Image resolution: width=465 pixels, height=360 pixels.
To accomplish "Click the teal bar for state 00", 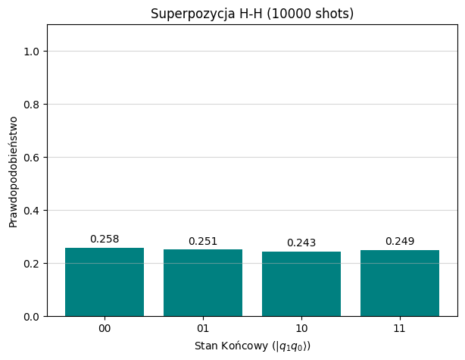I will pyautogui.click(x=105, y=282).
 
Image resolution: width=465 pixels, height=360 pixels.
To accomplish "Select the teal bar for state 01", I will pyautogui.click(x=203, y=283).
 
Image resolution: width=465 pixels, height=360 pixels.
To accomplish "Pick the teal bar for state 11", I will pyautogui.click(x=400, y=283).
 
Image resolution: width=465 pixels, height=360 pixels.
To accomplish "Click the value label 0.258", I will pyautogui.click(x=105, y=239).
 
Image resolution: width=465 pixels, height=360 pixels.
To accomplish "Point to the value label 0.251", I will pyautogui.click(x=203, y=242).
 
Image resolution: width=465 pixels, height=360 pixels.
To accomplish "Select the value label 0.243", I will pyautogui.click(x=301, y=243).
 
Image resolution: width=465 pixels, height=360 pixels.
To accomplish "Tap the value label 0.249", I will pyautogui.click(x=400, y=242).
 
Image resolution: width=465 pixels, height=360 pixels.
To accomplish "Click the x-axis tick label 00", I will pyautogui.click(x=105, y=328).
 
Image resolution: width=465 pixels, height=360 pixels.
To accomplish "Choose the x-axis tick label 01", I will pyautogui.click(x=203, y=328).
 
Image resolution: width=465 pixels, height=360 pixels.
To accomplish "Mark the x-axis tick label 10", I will pyautogui.click(x=301, y=328).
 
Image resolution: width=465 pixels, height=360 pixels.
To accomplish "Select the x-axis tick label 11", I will pyautogui.click(x=400, y=328).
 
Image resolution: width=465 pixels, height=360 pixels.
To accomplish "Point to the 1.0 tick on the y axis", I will pyautogui.click(x=33, y=52).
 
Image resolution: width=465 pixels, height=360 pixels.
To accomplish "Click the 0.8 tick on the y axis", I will pyautogui.click(x=33, y=105).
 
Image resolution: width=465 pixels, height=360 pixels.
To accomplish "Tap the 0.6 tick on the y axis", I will pyautogui.click(x=33, y=158).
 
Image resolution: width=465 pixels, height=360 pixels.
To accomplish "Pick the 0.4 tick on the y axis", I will pyautogui.click(x=33, y=211).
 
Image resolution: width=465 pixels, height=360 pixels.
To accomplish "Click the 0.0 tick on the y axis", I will pyautogui.click(x=33, y=317).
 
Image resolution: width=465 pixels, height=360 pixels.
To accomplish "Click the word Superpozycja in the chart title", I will pyautogui.click(x=184, y=14).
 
